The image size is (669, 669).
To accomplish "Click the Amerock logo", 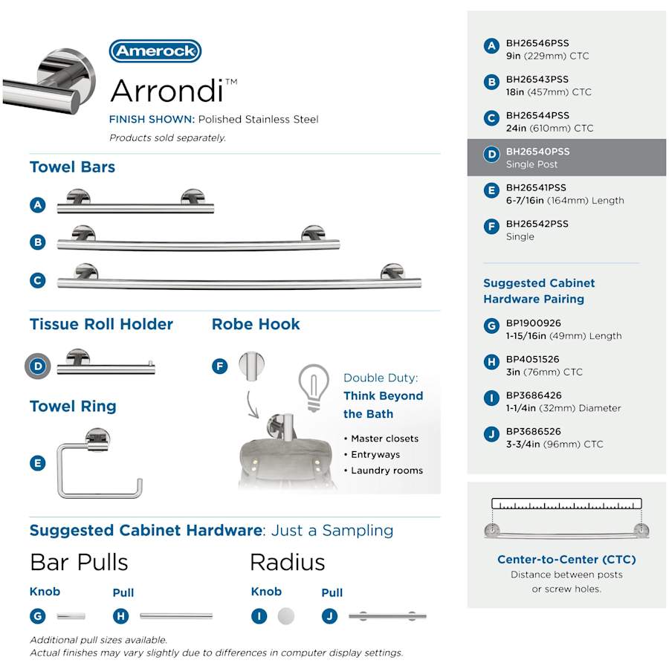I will (155, 51).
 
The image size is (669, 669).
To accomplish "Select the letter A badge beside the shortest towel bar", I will (39, 205).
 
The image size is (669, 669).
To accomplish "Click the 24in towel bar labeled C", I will (239, 279).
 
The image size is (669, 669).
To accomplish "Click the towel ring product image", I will (100, 465).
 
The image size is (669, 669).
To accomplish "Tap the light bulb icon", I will (313, 384).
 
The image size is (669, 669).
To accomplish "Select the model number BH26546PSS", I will (537, 43).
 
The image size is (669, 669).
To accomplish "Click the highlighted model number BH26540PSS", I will (537, 152).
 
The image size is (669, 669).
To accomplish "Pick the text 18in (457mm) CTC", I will (549, 92).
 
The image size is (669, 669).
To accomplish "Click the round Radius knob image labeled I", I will (285, 616).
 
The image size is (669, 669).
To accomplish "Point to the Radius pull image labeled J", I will (387, 616).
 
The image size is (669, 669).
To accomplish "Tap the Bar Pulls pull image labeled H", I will (176, 616).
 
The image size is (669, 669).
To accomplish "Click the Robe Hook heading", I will (256, 324).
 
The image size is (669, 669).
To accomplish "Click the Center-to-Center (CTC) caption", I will (566, 560).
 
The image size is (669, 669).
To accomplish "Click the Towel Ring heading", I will (73, 406).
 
